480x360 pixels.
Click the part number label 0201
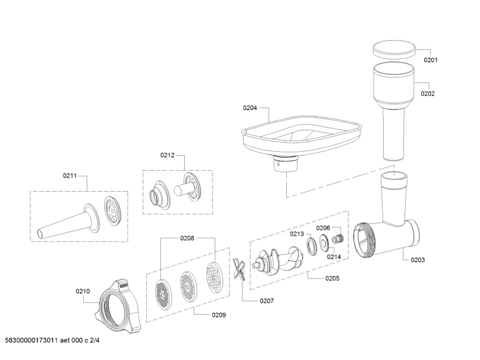(x=431, y=60)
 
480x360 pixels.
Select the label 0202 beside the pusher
(x=428, y=94)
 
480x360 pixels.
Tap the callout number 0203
(x=418, y=260)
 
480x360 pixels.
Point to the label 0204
(x=250, y=108)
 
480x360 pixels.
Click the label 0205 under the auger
(x=332, y=278)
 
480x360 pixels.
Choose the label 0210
(x=83, y=291)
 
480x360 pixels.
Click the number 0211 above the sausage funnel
(x=70, y=176)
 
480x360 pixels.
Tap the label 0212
(x=167, y=155)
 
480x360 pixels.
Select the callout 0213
(x=297, y=234)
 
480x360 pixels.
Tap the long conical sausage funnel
(x=65, y=222)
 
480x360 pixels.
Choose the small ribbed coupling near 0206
(x=338, y=238)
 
